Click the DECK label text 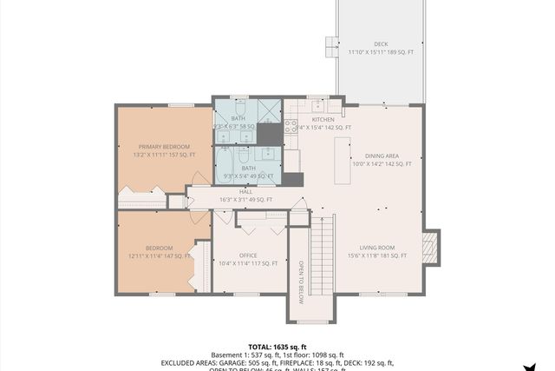click(381, 43)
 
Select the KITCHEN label click(323, 119)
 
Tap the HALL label click(234, 191)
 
